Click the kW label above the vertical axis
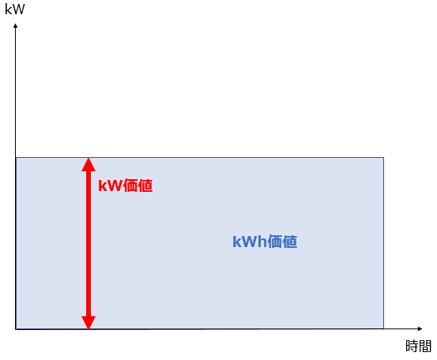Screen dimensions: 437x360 [15, 9]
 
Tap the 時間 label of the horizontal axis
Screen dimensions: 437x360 [418, 346]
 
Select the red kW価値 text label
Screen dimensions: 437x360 [126, 186]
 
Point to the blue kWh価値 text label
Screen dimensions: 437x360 [265, 242]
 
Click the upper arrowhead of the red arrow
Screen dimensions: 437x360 [89, 164]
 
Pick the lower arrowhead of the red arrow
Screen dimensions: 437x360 [89, 323]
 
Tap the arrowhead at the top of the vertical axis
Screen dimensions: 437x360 [16, 25]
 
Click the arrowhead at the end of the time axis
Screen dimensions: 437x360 [420, 329]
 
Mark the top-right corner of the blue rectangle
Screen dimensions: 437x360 [383, 158]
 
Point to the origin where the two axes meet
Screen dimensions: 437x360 [16, 329]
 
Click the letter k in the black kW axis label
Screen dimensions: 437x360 [8, 9]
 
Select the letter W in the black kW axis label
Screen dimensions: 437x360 [18, 9]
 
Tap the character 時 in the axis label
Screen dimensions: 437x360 [412, 346]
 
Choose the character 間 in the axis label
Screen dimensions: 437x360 [425, 346]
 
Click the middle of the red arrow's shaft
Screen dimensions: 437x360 [89, 244]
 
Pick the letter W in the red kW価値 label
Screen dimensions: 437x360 [115, 186]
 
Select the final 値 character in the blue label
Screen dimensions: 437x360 [290, 242]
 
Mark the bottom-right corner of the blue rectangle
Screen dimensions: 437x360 [383, 328]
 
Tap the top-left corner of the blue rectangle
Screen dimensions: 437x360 [16, 158]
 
